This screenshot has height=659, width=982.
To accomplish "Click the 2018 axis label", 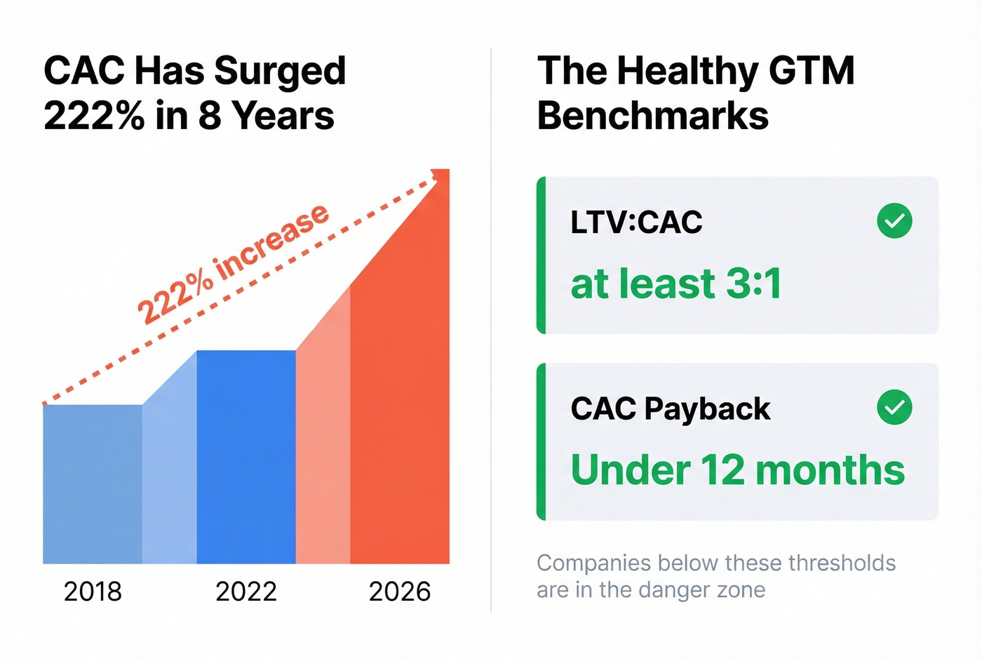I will click(93, 592).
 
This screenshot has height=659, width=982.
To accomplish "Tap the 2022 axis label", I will click(246, 592).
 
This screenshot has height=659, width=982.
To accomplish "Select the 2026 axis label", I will click(400, 592).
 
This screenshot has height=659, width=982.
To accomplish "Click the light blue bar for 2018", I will click(93, 484).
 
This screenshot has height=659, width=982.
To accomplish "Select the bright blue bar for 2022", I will click(246, 456).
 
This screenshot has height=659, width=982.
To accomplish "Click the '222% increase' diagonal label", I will click(232, 263).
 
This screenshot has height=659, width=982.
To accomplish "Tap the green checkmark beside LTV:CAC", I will click(894, 221).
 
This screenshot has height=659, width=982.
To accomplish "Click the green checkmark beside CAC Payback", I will click(894, 407).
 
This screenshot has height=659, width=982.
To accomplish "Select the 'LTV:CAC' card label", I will click(636, 222).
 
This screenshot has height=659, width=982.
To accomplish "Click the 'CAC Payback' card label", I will click(671, 408).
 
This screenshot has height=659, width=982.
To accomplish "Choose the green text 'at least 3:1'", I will click(675, 284).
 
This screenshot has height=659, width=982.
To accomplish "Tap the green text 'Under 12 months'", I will click(738, 470).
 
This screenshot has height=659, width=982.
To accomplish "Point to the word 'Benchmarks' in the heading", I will click(653, 116).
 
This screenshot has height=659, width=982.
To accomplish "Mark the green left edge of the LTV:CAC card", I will click(541, 255).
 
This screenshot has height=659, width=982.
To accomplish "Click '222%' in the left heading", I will click(94, 116).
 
